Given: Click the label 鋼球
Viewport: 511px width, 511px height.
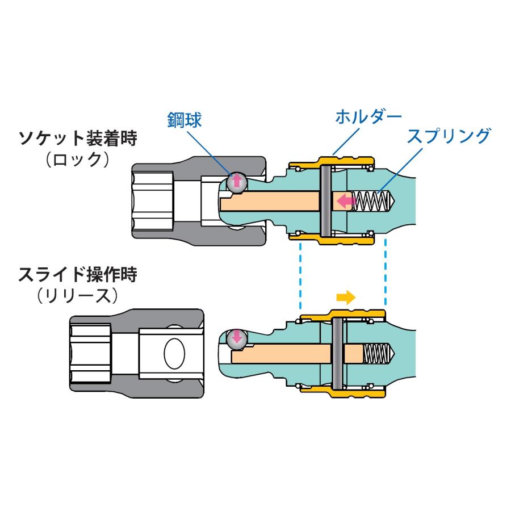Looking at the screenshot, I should tap(185, 119).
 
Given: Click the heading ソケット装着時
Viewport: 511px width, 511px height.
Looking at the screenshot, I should tap(78, 138).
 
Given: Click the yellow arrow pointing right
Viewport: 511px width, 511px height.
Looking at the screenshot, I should tap(345, 296).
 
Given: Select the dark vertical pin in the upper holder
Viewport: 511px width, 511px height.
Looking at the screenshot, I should tap(325, 202).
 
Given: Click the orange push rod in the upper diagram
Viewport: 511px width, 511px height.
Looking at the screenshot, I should tap(273, 201).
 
